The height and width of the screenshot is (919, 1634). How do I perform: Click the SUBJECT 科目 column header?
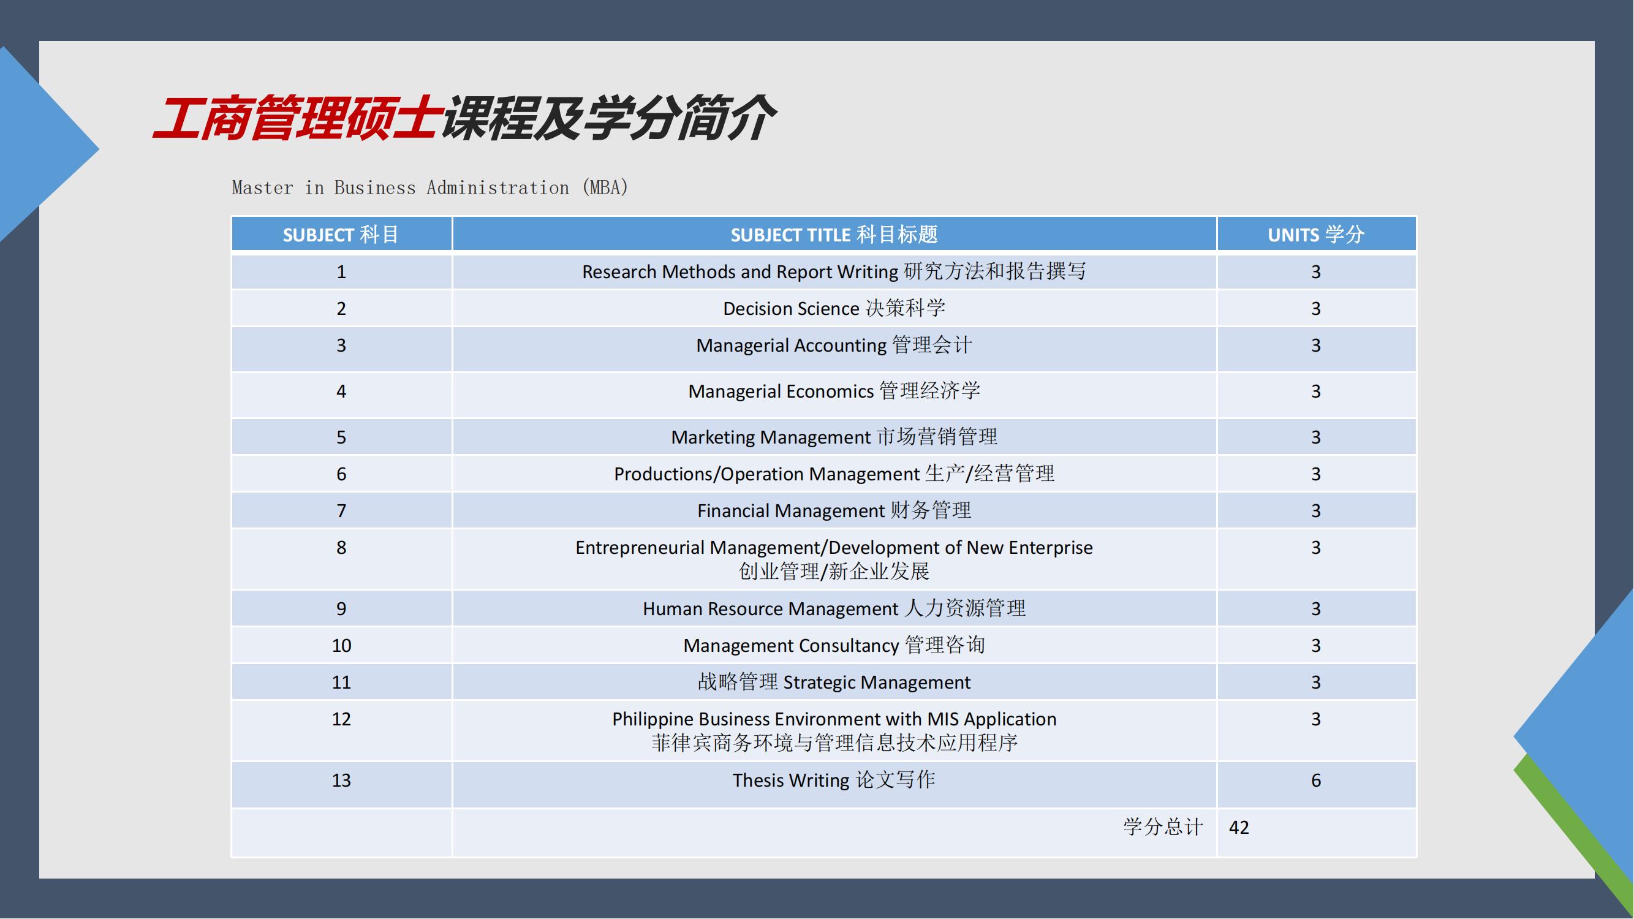[x=341, y=235]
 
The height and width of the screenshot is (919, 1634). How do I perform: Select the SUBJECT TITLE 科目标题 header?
[x=834, y=235]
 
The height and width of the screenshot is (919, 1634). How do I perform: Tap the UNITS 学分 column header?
[x=1316, y=235]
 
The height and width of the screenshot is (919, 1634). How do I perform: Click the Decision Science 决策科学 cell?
[x=834, y=308]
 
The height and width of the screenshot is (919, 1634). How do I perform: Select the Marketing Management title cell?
[x=834, y=437]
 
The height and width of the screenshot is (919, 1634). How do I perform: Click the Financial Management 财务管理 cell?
[x=834, y=510]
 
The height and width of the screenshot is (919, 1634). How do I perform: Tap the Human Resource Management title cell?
[x=834, y=608]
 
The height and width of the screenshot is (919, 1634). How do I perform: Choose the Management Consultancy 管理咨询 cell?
[x=834, y=645]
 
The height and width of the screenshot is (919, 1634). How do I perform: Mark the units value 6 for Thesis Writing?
[x=1316, y=780]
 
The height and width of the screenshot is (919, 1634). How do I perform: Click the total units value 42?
[x=1239, y=827]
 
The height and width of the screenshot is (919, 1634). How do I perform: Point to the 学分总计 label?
[x=1163, y=826]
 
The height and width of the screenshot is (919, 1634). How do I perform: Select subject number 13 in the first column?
[x=341, y=780]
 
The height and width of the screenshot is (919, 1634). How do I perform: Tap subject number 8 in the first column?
[x=341, y=547]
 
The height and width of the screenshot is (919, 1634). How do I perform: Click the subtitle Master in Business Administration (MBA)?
[x=430, y=187]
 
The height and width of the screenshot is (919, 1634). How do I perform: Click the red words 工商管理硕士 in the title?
[x=297, y=118]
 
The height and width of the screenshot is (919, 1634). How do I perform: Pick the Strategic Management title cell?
[x=834, y=682]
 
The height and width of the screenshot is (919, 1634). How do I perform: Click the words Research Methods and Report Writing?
[x=740, y=272]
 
